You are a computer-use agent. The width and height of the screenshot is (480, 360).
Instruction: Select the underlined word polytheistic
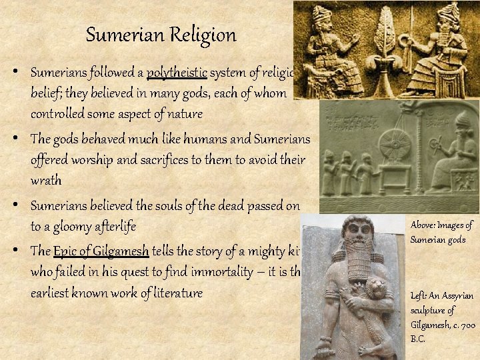click(177, 73)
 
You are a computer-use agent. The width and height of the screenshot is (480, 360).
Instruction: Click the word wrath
click(45, 181)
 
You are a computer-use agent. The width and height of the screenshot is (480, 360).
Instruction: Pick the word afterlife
click(114, 227)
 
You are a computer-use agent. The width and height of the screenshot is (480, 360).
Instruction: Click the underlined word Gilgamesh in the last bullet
click(123, 251)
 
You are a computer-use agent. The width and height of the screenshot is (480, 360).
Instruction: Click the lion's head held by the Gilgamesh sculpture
click(373, 291)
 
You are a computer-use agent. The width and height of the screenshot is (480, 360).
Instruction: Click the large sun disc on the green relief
click(395, 146)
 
